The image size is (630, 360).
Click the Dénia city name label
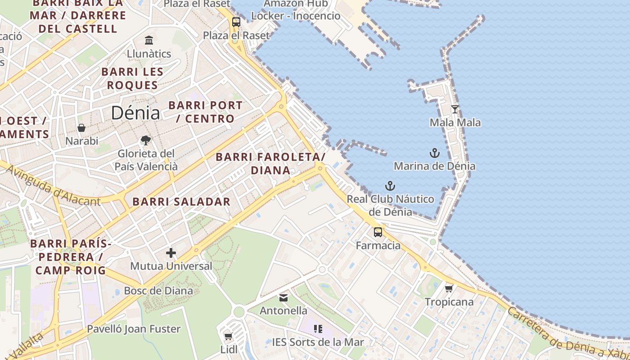135,113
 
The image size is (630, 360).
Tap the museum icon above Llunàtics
149,40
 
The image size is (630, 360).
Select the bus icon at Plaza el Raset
236,22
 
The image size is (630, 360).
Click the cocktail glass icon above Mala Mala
455,109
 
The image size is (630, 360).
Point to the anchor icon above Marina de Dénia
434,153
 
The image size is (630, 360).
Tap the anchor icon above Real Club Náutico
390,186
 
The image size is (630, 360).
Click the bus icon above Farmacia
378,232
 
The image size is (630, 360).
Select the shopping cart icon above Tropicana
449,288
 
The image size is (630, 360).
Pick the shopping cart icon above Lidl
229,336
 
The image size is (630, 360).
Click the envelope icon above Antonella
283,297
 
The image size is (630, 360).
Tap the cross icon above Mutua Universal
171,253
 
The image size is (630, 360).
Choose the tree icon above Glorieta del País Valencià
146,140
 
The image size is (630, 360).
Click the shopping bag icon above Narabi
81,128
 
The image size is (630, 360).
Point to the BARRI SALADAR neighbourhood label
181,202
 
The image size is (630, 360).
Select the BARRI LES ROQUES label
132,78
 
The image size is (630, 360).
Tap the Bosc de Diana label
158,291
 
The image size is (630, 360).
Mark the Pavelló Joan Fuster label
134,329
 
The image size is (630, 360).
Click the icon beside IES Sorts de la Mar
318,329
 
